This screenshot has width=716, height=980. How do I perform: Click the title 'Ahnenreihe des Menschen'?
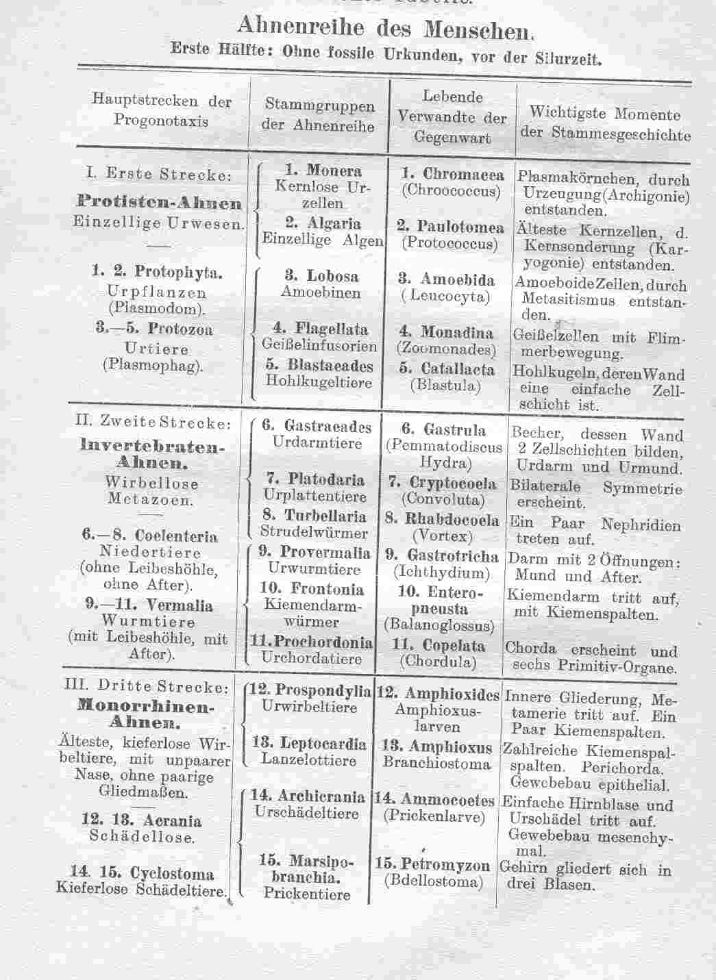click(384, 28)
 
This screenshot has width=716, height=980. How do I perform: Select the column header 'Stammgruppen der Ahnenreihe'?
click(319, 116)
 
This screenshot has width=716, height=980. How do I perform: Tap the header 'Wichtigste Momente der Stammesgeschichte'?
click(605, 123)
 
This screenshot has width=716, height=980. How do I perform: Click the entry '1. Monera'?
click(323, 171)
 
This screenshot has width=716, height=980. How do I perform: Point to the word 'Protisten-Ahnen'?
click(160, 203)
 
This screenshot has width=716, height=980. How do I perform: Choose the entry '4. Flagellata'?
click(321, 329)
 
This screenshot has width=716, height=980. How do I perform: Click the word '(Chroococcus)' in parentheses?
click(451, 191)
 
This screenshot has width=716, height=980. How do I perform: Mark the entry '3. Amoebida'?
click(447, 279)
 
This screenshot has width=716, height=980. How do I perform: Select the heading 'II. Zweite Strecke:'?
click(153, 423)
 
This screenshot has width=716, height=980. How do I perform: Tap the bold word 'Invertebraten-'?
click(152, 446)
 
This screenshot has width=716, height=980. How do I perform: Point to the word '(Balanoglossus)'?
click(439, 625)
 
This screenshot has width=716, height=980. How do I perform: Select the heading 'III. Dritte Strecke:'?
click(146, 686)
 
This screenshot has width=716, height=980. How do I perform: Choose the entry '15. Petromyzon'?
click(432, 865)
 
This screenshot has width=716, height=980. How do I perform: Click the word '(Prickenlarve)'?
click(434, 816)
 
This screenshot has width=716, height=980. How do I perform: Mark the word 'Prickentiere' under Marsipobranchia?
click(307, 894)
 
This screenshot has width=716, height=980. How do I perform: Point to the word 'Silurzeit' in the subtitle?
click(568, 59)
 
